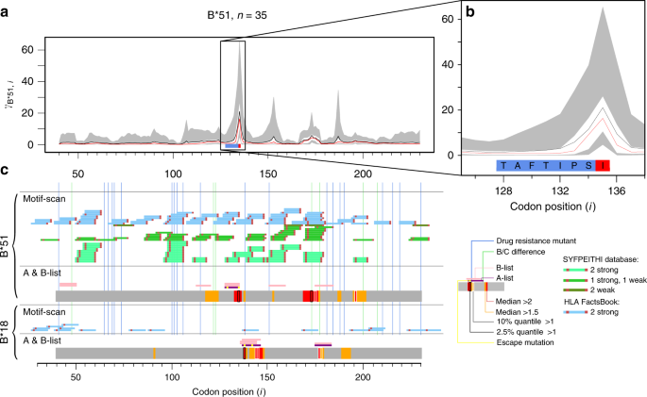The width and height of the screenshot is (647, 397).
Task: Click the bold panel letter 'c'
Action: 7,171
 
